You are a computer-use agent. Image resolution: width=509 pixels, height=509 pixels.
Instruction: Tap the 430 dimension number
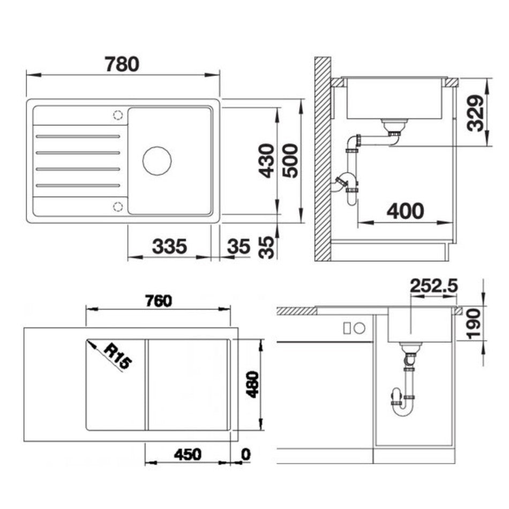click(267, 161)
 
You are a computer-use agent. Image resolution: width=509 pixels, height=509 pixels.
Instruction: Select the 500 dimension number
click(290, 161)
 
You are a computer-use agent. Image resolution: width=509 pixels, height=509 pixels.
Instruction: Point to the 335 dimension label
click(169, 246)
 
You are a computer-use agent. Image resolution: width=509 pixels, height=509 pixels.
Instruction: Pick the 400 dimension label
click(406, 211)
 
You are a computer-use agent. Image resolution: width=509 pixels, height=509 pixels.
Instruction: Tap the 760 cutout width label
click(159, 301)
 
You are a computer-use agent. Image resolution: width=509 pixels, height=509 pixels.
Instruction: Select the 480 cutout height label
click(252, 385)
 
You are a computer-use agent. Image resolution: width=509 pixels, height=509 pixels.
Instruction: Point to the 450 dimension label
click(188, 454)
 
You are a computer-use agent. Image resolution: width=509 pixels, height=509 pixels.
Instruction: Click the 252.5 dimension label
click(433, 286)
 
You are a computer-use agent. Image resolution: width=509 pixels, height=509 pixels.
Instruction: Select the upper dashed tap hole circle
click(118, 115)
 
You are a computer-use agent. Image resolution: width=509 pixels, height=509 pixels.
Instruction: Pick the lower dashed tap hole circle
click(118, 206)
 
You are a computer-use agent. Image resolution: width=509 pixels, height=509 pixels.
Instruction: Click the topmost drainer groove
click(78, 136)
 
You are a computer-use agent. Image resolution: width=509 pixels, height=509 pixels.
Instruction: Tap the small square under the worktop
click(347, 328)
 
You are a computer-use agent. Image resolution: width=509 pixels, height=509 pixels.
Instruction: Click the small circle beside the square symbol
click(360, 328)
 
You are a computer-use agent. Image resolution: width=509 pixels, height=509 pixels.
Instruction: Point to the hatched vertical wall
click(323, 159)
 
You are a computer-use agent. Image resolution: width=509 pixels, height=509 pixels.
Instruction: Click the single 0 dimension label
click(246, 454)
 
